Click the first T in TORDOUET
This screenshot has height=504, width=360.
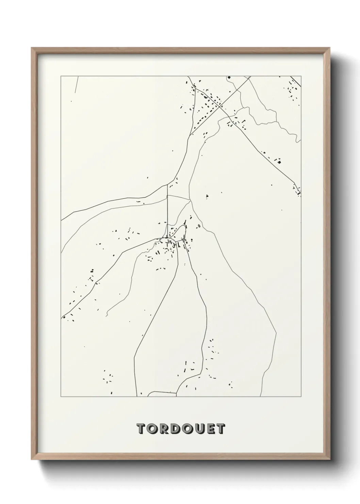coord(141,429)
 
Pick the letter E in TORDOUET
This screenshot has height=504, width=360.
coord(210,429)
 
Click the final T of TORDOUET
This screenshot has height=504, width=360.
coord(220,429)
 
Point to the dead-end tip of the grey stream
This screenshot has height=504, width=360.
coord(107,316)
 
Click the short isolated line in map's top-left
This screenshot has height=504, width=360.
coord(76,84)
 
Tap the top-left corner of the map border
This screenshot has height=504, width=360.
coord(61,76)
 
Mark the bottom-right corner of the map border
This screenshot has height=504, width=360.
coord(301,397)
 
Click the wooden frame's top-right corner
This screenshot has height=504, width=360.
coord(330,48)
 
